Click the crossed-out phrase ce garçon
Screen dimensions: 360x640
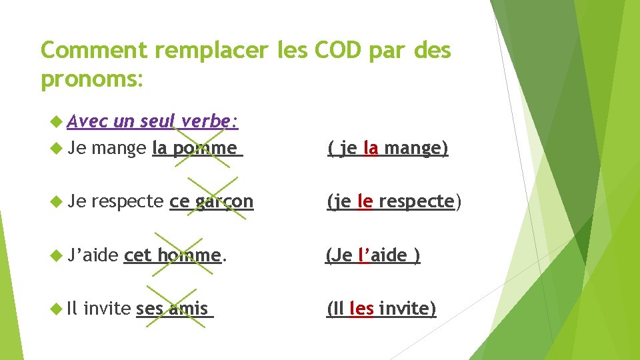click(212, 201)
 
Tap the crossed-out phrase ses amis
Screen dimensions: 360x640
click(173, 309)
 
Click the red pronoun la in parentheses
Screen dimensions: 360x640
click(371, 148)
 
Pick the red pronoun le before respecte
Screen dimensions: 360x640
click(365, 201)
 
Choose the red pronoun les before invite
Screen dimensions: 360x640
click(361, 309)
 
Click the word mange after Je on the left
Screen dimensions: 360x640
click(119, 148)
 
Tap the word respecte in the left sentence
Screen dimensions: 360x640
click(127, 201)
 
